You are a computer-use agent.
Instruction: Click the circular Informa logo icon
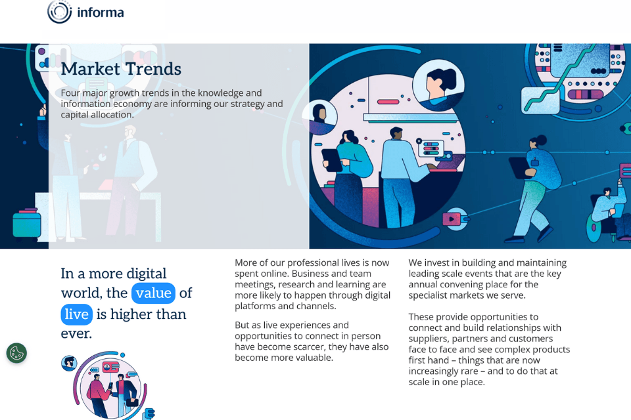click(x=59, y=11)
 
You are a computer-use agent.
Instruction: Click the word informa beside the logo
click(x=100, y=12)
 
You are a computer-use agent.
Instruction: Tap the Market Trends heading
click(x=121, y=69)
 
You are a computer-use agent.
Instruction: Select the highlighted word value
click(x=153, y=293)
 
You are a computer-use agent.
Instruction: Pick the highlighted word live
click(x=76, y=314)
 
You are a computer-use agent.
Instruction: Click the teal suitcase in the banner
click(x=27, y=223)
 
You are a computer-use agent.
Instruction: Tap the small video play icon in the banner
click(x=454, y=218)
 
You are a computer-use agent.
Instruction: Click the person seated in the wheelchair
click(x=607, y=210)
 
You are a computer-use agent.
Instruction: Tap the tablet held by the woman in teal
click(x=331, y=159)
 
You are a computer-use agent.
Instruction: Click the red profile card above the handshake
click(x=110, y=367)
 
